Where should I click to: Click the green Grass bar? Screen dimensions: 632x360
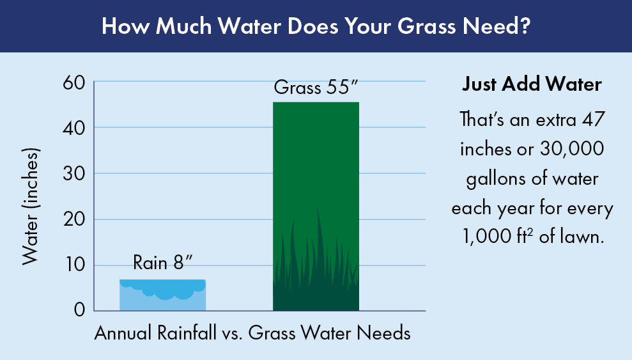tap(316, 207)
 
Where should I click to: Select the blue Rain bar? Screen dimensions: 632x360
tap(162, 295)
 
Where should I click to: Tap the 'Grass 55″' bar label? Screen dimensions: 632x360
tap(316, 88)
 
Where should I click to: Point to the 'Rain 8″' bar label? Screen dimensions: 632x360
tap(163, 262)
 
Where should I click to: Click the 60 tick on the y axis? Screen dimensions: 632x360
tap(74, 84)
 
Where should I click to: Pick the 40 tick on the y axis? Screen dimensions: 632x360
tap(74, 129)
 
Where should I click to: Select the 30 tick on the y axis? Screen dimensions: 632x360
tap(74, 174)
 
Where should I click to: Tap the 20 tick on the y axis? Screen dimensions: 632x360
tap(74, 219)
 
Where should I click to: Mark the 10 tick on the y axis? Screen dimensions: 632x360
tap(75, 265)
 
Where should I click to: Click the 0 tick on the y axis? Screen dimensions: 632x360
tap(80, 310)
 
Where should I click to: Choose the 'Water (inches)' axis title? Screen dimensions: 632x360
tap(31, 207)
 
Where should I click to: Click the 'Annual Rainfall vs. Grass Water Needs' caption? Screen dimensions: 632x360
tap(252, 333)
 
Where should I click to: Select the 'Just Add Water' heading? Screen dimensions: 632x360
tap(532, 84)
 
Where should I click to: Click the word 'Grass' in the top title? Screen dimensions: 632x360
tap(426, 26)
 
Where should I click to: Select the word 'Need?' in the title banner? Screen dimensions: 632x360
tap(496, 26)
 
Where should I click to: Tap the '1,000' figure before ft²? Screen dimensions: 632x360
tap(486, 237)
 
